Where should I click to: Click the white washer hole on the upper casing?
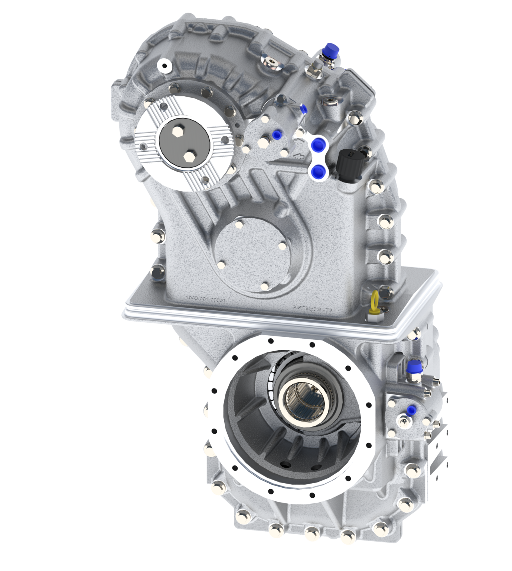click(x=163, y=66)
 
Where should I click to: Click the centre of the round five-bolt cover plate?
click(x=251, y=253)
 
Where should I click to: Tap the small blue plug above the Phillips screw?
click(x=410, y=410)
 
